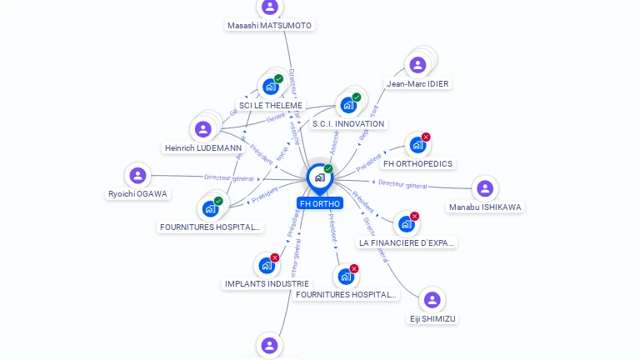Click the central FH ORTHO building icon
(x=319, y=177)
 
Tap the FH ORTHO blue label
(x=320, y=203)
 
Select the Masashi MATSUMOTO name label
(x=269, y=26)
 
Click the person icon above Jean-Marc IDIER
(x=417, y=64)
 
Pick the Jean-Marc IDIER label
(x=417, y=84)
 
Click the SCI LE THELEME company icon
(x=270, y=86)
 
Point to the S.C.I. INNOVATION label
(x=348, y=124)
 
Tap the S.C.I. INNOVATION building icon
(x=347, y=105)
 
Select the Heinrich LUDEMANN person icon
(x=202, y=129)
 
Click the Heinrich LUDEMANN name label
(x=203, y=148)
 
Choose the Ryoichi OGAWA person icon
(x=137, y=175)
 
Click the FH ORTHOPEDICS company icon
(x=417, y=145)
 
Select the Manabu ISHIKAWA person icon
(x=485, y=188)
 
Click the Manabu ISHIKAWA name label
(x=485, y=207)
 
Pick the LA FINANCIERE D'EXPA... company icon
(x=406, y=224)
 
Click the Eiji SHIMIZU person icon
(x=432, y=300)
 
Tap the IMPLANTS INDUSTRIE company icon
(x=267, y=265)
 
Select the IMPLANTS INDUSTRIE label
(x=267, y=284)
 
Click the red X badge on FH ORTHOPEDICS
(x=426, y=137)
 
